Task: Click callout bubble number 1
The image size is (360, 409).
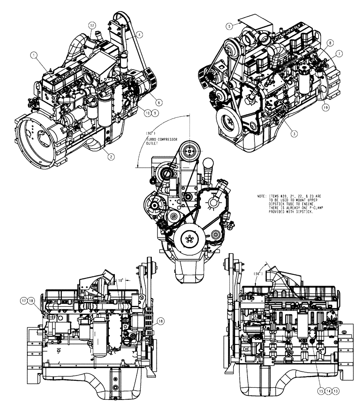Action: [35, 54]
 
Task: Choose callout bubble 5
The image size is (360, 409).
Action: [230, 26]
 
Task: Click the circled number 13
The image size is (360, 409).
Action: [336, 391]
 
